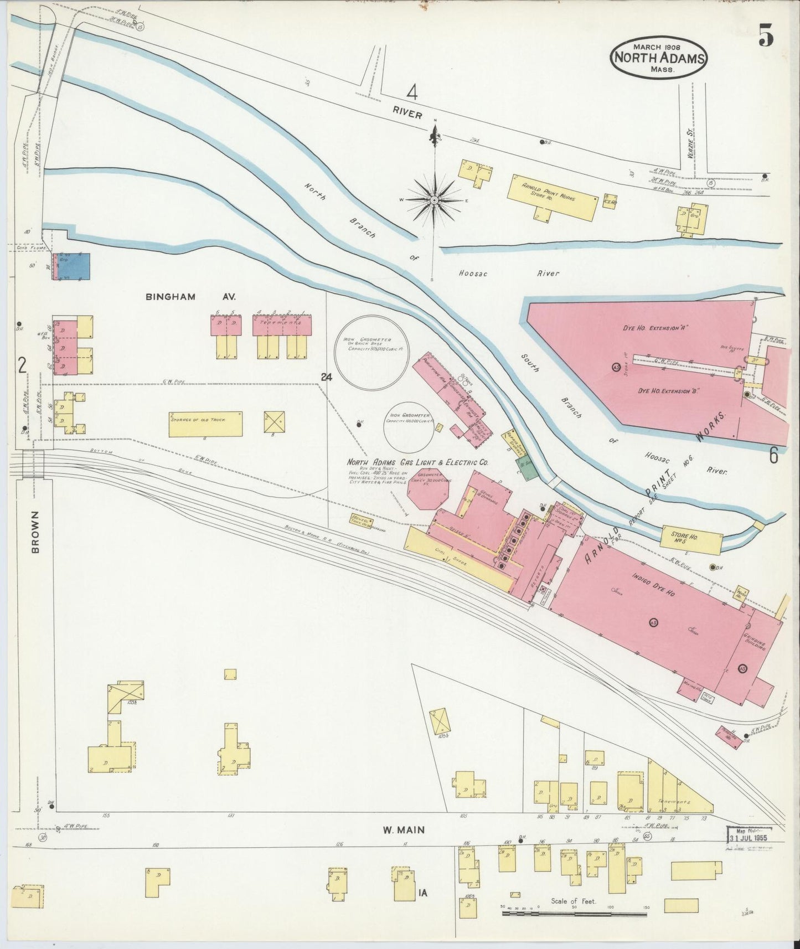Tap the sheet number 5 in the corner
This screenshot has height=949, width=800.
[766, 38]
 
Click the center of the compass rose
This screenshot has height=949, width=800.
[435, 200]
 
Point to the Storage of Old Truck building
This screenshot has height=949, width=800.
[205, 424]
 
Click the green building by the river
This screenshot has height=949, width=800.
[527, 468]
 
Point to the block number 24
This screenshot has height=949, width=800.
[326, 377]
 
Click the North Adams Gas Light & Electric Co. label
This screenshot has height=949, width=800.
[417, 462]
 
